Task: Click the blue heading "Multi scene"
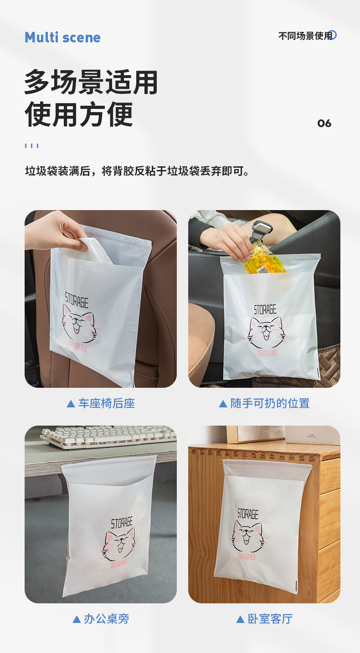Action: point(63,38)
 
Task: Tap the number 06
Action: point(324,123)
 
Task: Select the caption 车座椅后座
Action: point(107,403)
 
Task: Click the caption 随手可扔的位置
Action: point(270,403)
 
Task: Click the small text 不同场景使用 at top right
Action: point(305,36)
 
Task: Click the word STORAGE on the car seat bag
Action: point(77,300)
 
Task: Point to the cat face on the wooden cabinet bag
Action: point(248,535)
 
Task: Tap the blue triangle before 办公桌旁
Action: point(77,619)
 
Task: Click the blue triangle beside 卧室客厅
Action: point(240,619)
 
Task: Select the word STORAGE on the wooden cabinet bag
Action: point(248,514)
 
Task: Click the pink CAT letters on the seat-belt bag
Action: point(267,353)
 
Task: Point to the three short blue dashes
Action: point(31,146)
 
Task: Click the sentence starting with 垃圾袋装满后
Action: point(137,171)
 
